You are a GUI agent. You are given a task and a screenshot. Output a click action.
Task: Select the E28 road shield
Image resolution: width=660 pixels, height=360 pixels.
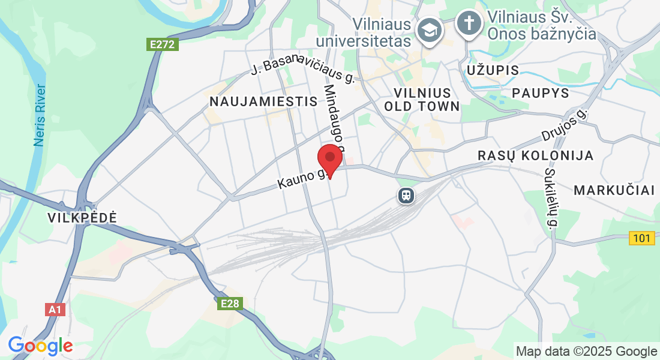[x=230, y=304]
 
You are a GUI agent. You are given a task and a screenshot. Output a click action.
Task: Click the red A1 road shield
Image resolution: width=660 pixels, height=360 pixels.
[x=55, y=310]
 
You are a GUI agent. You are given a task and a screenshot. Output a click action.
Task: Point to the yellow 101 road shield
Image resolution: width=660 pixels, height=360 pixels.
[x=641, y=238]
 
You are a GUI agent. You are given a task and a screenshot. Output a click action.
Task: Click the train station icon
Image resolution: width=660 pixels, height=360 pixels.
[x=406, y=195]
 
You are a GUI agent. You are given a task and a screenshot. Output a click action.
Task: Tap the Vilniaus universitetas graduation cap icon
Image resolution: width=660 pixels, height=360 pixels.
[x=430, y=29]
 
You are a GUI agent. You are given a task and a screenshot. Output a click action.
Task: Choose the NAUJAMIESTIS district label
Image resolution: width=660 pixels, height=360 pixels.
[x=263, y=101]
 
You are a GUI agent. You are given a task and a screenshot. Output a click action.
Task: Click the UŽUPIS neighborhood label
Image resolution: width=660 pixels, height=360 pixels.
[x=493, y=70]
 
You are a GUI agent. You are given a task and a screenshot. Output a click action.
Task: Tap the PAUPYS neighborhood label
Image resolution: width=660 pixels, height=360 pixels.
[x=540, y=93]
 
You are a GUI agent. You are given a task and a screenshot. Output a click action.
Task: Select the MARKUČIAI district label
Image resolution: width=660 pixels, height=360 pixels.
[x=614, y=191]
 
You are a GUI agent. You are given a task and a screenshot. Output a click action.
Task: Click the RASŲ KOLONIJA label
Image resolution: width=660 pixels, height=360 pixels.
[x=535, y=155]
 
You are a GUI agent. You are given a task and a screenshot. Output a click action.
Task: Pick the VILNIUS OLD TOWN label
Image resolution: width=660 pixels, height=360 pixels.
[x=426, y=100]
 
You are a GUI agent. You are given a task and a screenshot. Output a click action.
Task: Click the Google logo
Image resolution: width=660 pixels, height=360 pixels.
[x=40, y=346]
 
